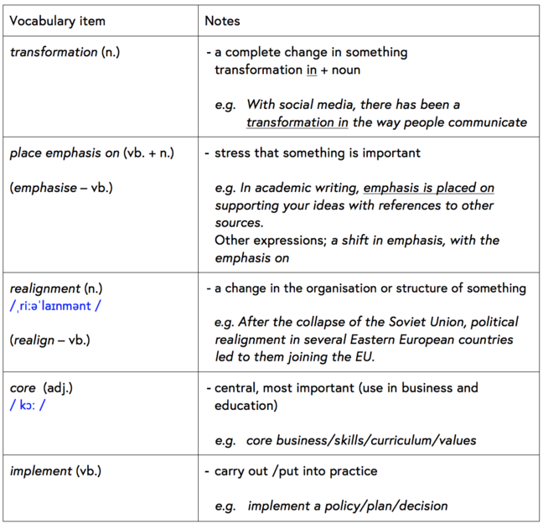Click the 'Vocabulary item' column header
coord(58,20)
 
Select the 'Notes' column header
coord(222,20)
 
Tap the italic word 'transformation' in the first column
coord(54,52)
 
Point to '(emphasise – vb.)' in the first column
coord(61,187)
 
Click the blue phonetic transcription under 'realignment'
coord(55,306)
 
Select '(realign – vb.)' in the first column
coord(49,340)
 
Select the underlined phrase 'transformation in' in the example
coord(297,122)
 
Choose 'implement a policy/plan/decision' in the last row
coord(347,506)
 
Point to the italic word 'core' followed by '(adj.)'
coord(23,388)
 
